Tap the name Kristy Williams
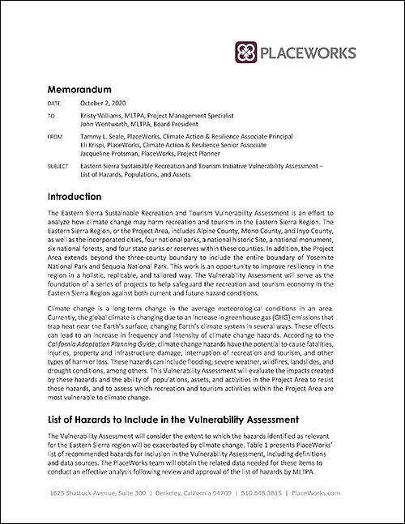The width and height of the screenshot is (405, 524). click(x=103, y=117)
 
